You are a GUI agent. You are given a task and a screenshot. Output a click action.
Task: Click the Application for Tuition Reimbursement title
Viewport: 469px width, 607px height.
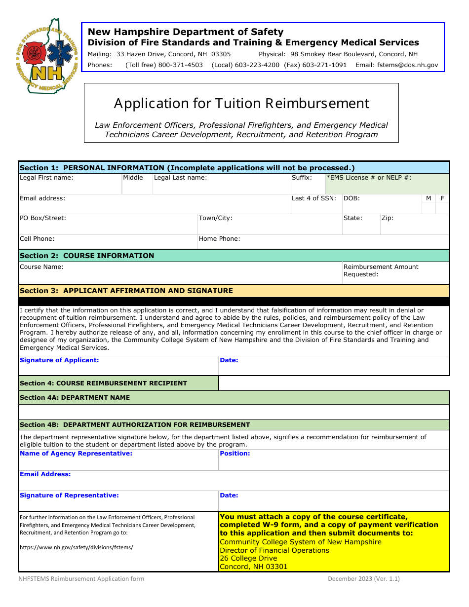(x=241, y=103)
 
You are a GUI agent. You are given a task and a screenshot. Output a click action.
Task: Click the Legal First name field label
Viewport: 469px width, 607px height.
(x=46, y=178)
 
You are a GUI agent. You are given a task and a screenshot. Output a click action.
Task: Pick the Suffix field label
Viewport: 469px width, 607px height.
(x=302, y=178)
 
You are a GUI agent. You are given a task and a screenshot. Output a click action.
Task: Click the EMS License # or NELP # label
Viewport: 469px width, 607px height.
(x=369, y=178)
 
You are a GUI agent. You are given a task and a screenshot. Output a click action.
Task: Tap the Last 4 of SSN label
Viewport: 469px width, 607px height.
(x=313, y=198)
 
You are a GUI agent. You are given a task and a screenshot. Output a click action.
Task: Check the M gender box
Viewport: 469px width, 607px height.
(x=429, y=208)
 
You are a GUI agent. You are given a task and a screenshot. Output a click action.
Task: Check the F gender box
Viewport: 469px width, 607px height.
(x=442, y=208)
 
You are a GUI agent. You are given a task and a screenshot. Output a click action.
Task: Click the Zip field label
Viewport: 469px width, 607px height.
(x=387, y=218)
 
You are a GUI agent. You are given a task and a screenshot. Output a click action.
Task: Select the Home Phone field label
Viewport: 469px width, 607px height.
(x=219, y=239)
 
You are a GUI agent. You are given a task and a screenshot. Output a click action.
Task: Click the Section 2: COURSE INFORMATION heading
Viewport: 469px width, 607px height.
(x=87, y=256)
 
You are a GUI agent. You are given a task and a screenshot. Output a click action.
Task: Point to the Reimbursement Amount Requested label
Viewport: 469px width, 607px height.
(x=381, y=270)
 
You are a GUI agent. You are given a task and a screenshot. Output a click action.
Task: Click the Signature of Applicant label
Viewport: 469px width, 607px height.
(x=59, y=360)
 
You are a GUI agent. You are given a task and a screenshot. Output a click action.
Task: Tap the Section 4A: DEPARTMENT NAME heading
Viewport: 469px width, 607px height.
(x=75, y=397)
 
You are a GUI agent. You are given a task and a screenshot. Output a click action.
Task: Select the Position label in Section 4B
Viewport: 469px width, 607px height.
(x=235, y=454)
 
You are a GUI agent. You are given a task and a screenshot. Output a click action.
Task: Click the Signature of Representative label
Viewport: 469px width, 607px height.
(x=69, y=495)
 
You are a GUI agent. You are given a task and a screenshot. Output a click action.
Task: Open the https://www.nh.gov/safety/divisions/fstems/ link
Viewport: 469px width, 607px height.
(x=76, y=547)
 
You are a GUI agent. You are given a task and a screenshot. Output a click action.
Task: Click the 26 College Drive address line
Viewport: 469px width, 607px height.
(x=248, y=559)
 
